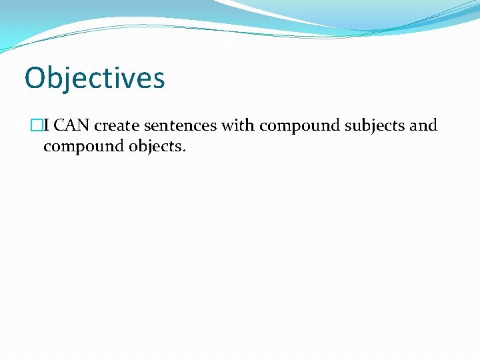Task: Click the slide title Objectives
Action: click(94, 78)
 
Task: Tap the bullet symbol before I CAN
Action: click(37, 125)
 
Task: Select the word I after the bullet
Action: click(46, 125)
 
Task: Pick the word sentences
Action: click(179, 125)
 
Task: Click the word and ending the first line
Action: click(423, 125)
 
